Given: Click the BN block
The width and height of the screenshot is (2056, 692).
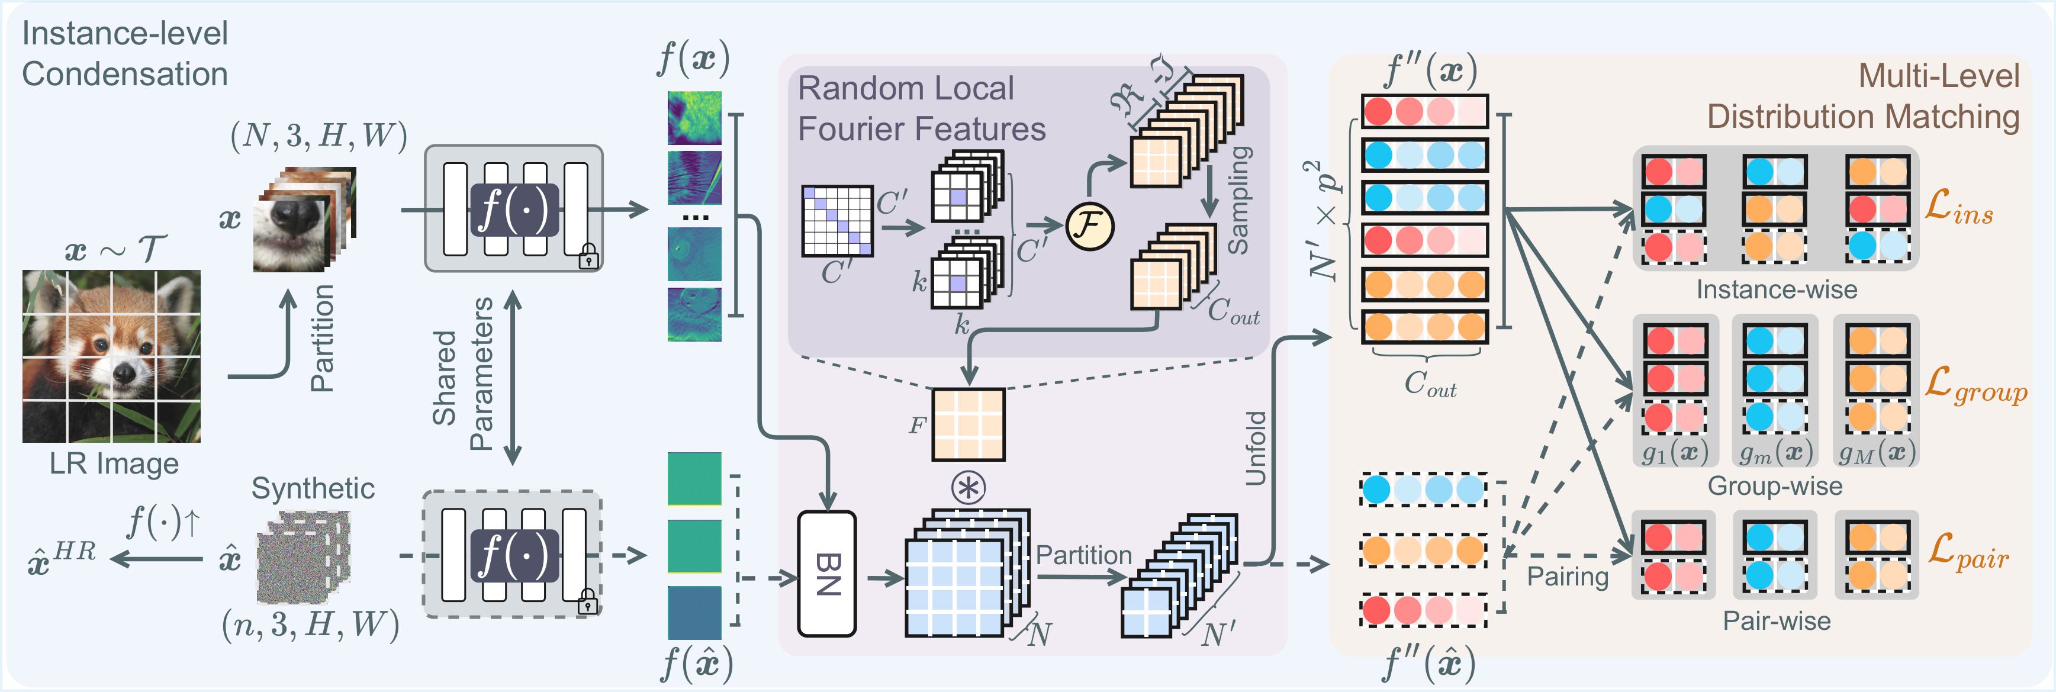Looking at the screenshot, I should coord(827,574).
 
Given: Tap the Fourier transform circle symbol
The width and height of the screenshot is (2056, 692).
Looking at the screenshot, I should coord(1089,227).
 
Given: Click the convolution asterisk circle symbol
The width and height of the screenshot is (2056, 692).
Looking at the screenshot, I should coord(968,487).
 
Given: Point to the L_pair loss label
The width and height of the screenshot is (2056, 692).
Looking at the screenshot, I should coord(1967,552).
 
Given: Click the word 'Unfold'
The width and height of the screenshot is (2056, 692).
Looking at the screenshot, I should coord(1256,449).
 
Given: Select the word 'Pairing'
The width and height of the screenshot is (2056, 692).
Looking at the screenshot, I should coord(1568,576).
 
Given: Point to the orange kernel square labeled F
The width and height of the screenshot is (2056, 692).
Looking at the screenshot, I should coord(968,424).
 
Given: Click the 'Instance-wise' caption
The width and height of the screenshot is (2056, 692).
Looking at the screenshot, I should coord(1777,289).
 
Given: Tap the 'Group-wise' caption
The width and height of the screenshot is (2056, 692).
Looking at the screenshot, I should coord(1775,486).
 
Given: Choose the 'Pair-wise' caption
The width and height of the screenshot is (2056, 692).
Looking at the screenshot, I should coord(1777,621).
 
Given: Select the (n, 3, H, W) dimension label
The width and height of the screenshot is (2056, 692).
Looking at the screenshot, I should coord(310,625).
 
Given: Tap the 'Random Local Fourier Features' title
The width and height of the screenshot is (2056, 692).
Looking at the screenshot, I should coord(921,108).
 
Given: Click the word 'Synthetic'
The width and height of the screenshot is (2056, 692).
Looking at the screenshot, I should coord(313,488).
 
